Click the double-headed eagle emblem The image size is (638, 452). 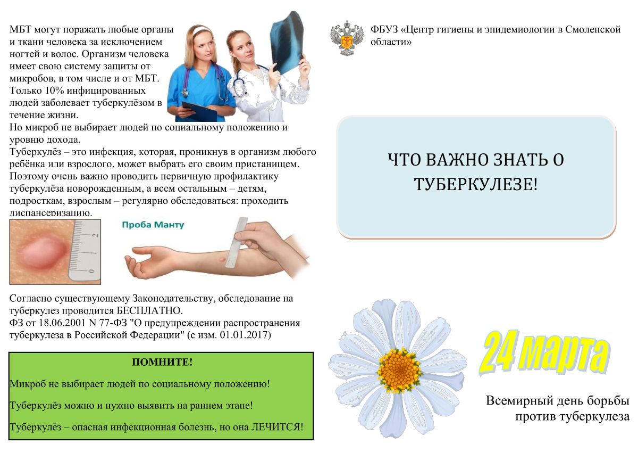pos(347,38)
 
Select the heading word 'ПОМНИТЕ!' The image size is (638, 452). pos(162,362)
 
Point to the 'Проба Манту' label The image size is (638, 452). pos(153,225)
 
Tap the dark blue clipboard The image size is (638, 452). pos(199,111)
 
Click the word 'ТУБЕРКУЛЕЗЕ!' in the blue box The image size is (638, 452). pos(476,184)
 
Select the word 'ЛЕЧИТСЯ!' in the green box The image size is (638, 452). pos(277,427)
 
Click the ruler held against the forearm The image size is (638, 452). pos(237,243)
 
